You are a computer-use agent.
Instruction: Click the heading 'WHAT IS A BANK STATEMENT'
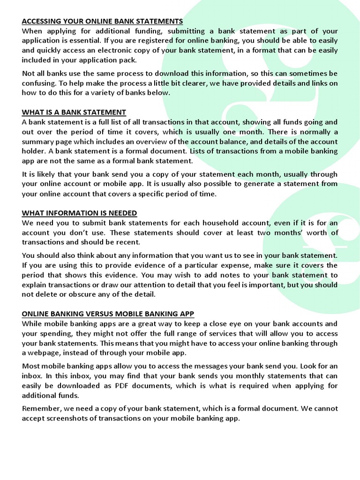click(x=74, y=112)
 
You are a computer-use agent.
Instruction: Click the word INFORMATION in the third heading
click(x=72, y=213)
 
